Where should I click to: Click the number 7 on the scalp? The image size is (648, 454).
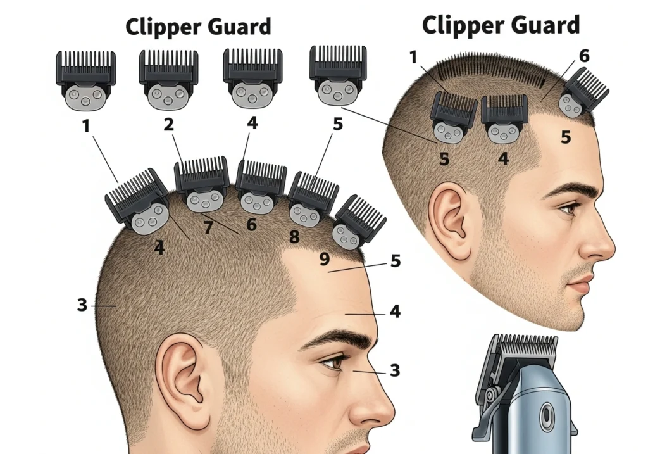tap(208, 227)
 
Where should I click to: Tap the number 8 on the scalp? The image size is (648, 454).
tap(294, 237)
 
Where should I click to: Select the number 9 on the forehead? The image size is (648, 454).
tap(325, 259)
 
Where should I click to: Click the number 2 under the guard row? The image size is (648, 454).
tap(168, 124)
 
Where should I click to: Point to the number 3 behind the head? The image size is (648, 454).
tap(82, 305)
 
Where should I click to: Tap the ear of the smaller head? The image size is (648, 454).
tap(451, 221)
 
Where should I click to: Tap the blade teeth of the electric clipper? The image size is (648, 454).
tap(527, 345)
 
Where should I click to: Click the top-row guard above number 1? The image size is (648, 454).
tap(86, 80)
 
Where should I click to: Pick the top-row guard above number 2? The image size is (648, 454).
tap(168, 79)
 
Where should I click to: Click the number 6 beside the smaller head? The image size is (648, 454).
tap(584, 56)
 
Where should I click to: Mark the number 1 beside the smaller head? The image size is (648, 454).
tap(413, 58)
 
